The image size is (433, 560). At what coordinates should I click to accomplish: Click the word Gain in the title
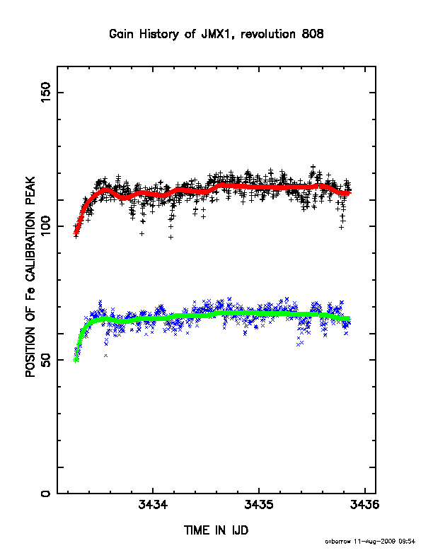tap(121, 34)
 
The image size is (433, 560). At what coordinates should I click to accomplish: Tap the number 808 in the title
tap(313, 34)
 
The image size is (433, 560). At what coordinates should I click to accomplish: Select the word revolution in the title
tap(268, 34)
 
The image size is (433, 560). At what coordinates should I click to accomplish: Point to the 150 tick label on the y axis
tap(46, 92)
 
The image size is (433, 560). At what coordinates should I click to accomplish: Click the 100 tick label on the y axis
tap(46, 226)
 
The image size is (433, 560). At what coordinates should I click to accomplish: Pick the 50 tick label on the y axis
tap(46, 360)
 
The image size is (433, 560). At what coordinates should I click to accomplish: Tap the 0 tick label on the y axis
tap(46, 494)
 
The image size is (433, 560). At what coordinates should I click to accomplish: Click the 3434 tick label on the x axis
tap(153, 505)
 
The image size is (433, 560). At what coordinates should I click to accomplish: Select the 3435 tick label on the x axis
tap(259, 505)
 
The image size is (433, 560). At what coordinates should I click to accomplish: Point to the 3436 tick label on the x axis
tap(364, 505)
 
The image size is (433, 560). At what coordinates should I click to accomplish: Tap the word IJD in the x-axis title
tap(240, 530)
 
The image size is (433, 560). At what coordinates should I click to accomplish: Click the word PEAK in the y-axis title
tap(30, 190)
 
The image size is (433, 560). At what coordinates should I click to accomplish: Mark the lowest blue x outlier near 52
tap(105, 356)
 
